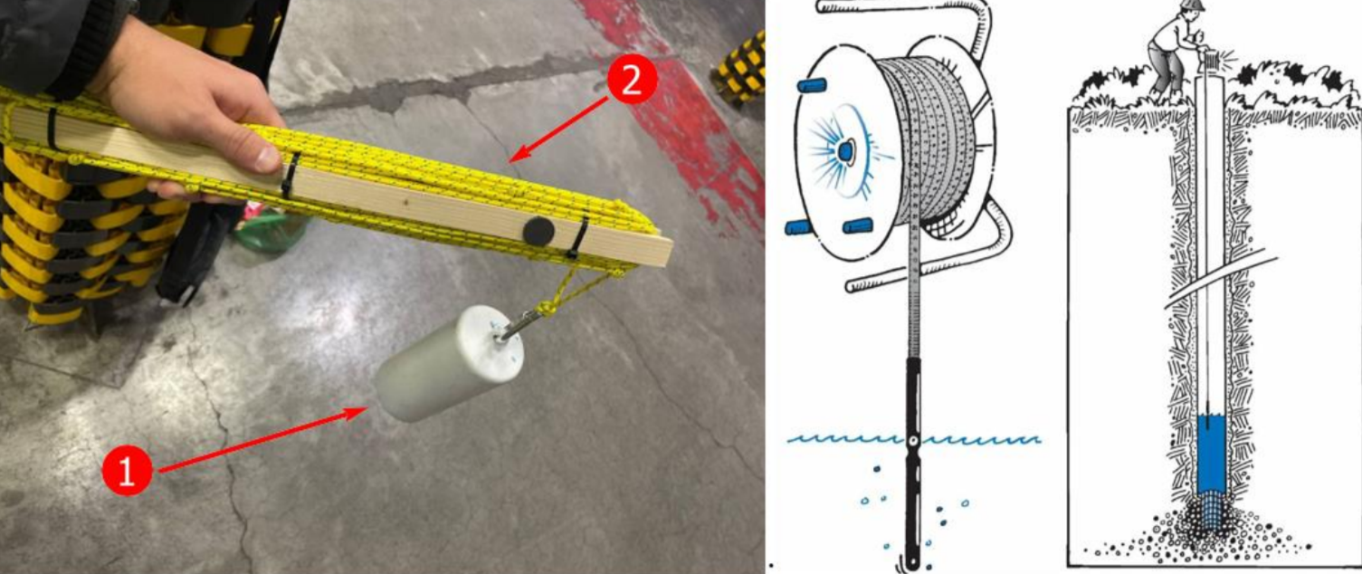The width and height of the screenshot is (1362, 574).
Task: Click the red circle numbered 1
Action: pyautogui.click(x=127, y=470)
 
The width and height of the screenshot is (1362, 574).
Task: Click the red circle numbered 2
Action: pyautogui.click(x=632, y=80)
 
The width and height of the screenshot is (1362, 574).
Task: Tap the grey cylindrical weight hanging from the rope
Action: pyautogui.click(x=449, y=363)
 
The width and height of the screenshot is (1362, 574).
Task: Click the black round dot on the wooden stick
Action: pyautogui.click(x=538, y=231)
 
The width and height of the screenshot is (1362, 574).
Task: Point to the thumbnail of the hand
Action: pyautogui.click(x=268, y=158)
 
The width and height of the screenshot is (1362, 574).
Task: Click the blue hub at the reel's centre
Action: pyautogui.click(x=846, y=151)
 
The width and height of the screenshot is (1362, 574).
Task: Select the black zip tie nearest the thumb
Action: pyautogui.click(x=290, y=175)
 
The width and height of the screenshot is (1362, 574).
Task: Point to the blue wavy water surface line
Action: pyautogui.click(x=913, y=439)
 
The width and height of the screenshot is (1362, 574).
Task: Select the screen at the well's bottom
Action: pyautogui.click(x=1211, y=514)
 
